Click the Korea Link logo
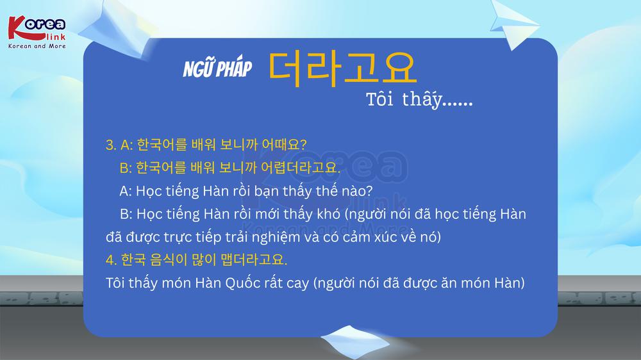pos(37,32)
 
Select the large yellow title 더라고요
pos(342,69)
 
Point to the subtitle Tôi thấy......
pos(419,100)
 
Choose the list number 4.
pos(111,260)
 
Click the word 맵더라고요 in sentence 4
pos(254,260)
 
